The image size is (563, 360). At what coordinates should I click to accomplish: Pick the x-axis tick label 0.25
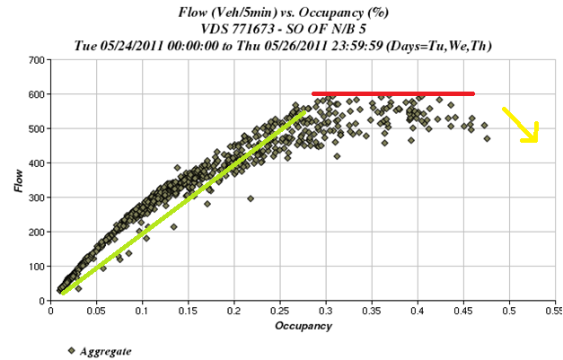coord(279,311)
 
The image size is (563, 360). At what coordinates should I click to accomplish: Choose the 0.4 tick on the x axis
coord(418,311)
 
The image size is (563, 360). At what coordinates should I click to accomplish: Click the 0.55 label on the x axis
coord(551,311)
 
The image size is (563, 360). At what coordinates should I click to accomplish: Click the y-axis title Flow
coord(15,180)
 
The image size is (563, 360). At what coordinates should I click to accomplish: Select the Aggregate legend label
coord(102,351)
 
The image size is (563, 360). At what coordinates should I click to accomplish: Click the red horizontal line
coord(392,93)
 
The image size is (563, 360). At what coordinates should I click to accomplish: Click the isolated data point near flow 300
coord(251,198)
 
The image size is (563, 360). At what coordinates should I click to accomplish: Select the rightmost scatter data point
coord(487,138)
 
